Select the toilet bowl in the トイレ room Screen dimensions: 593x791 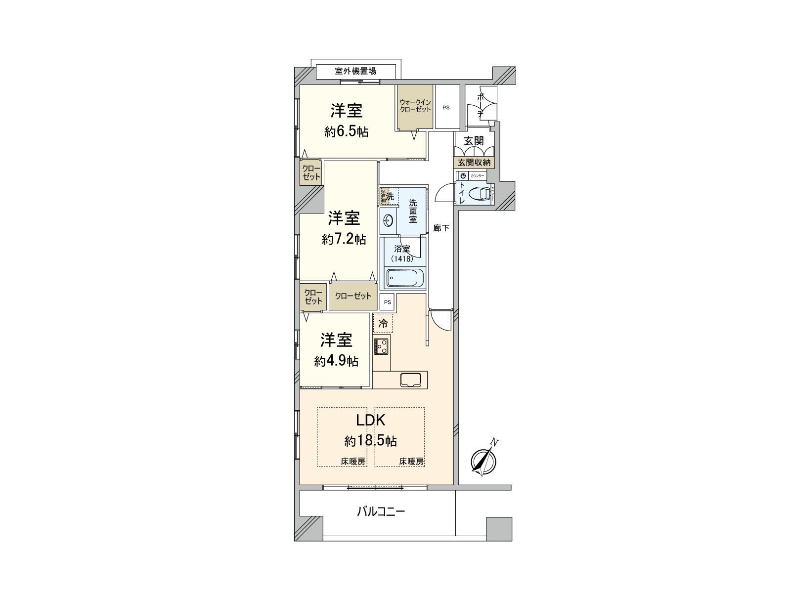(x=480, y=193)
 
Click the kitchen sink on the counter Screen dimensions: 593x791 (x=411, y=380)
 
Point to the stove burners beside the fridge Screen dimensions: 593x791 (x=382, y=346)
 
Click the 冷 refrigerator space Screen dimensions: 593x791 (x=383, y=324)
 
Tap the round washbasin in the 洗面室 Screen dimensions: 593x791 (x=387, y=219)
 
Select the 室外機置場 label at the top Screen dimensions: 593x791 (x=355, y=71)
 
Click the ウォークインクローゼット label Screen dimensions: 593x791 (x=415, y=106)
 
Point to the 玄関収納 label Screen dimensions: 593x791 (x=474, y=162)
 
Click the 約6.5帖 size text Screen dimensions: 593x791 (x=346, y=132)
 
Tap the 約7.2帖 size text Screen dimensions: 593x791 (x=344, y=240)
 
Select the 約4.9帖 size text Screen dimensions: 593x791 (x=336, y=361)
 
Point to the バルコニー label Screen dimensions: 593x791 (x=381, y=511)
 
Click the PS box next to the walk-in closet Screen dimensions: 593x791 (x=446, y=107)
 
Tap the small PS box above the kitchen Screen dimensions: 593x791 (x=388, y=302)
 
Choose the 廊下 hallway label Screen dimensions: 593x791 (x=441, y=228)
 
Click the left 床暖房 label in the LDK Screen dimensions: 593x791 (x=353, y=462)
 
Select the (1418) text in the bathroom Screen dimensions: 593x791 (x=402, y=258)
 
